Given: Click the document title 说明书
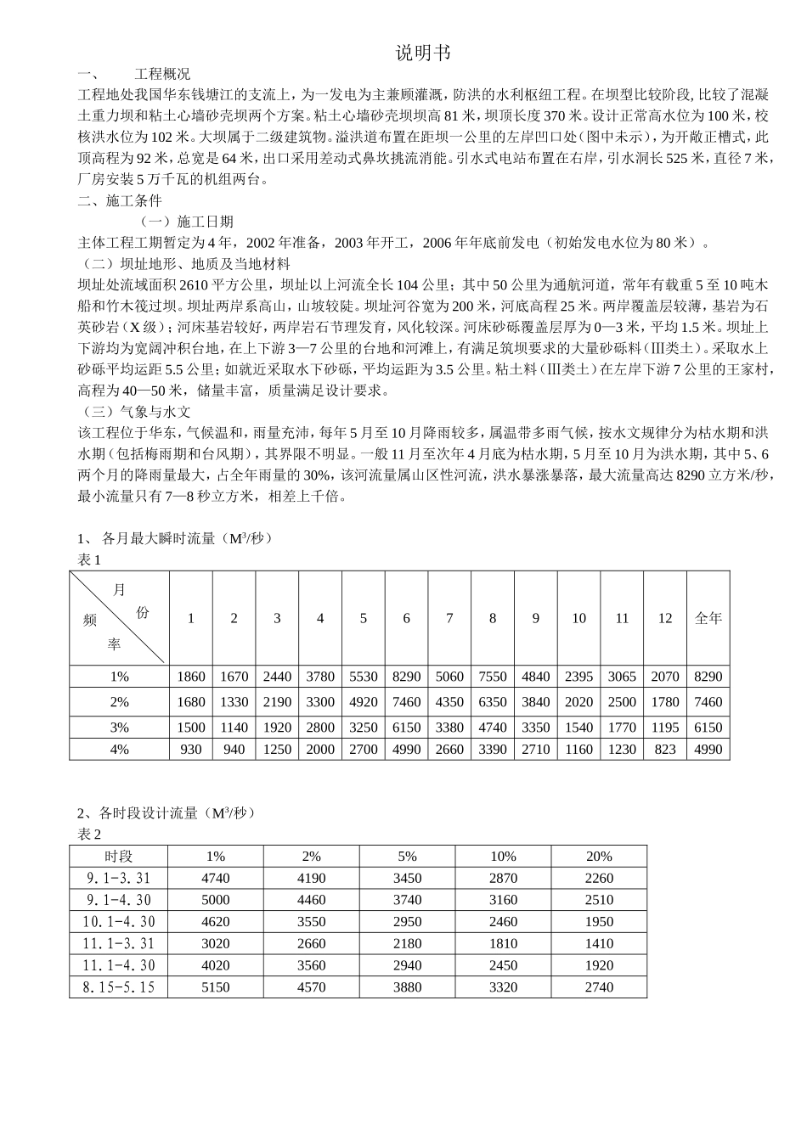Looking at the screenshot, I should coord(422,53).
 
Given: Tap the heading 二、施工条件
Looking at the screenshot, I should coord(119,201).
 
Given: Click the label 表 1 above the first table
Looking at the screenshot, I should coord(89,559).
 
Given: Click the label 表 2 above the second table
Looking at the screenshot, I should coord(89,835).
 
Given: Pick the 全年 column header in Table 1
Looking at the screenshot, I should coord(708,618).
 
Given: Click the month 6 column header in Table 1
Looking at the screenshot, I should coord(406,618).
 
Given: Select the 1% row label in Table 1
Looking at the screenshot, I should coord(119,677).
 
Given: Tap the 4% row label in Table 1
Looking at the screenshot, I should coord(119,749).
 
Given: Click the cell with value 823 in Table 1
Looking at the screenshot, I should coord(665,749).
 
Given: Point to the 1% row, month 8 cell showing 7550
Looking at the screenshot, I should coord(493,677).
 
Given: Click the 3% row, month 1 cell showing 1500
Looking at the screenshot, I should coord(191,727).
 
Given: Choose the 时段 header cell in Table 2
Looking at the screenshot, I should coord(119,856).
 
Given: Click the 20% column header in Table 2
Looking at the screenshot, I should coord(599,856).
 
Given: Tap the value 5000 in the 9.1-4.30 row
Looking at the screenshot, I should coord(216,900).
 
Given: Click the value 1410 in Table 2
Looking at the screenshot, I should coord(599,943).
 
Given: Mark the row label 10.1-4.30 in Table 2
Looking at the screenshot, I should coord(119,921).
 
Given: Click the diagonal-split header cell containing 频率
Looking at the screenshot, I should coord(119,618).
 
